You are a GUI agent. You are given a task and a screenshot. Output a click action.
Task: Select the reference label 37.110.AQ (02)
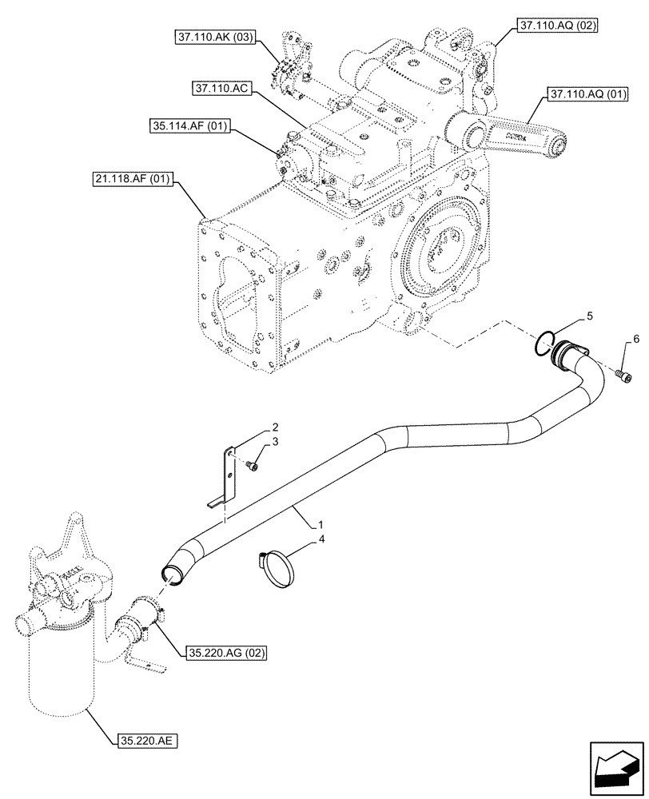[558, 26]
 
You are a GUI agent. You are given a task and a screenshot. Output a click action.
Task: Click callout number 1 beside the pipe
[320, 526]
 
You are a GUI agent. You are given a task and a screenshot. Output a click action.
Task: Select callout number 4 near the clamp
[322, 540]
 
